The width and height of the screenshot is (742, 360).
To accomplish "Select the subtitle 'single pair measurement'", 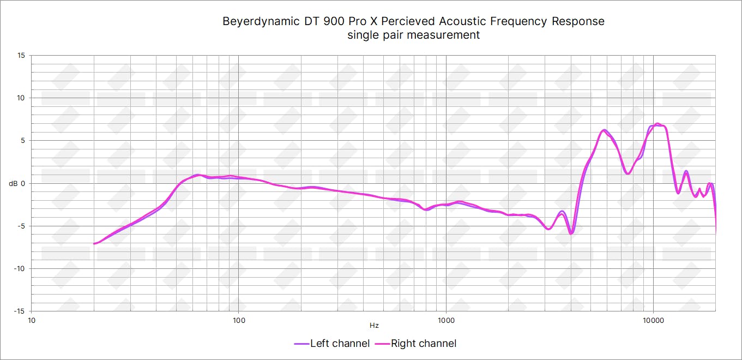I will [413, 35].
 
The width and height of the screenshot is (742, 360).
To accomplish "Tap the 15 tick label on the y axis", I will [21, 56].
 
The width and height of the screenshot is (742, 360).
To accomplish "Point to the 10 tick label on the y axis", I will [21, 98].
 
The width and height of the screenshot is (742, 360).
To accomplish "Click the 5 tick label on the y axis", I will [23, 141].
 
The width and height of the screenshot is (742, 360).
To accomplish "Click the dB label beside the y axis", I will [13, 184].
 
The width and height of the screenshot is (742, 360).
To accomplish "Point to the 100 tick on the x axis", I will [239, 320].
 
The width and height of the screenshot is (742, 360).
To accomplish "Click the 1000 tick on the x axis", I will [446, 320].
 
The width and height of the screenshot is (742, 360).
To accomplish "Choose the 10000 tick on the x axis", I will [653, 320].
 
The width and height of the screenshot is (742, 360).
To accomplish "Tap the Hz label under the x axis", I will [374, 326].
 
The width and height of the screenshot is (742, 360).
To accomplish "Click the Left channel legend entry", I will [331, 344].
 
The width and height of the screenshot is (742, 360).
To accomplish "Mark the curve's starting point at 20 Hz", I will [94, 243].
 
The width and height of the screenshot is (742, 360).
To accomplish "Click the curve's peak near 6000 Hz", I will [604, 130].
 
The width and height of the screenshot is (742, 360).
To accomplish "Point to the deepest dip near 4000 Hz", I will [571, 233].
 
